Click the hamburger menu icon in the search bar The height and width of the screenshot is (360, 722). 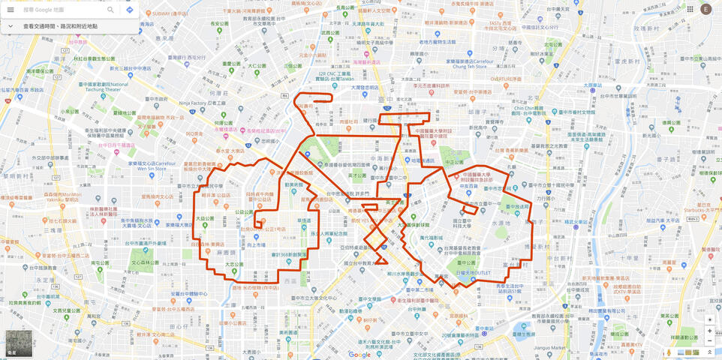click(11, 10)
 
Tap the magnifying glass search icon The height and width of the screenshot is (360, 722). click(110, 10)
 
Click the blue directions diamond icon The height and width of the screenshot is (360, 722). click(129, 10)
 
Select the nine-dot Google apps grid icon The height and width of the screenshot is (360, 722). click(690, 9)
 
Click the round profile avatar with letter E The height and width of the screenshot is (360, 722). click(705, 9)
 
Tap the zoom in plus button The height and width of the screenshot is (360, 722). click(709, 331)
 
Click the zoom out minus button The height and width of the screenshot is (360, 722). click(709, 341)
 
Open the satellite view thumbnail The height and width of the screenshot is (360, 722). click(19, 343)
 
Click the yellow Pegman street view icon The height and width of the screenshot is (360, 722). click(669, 352)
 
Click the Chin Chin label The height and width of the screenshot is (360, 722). click(528, 108)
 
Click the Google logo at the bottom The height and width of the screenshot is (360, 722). click(359, 354)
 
